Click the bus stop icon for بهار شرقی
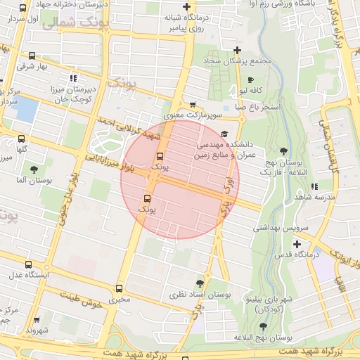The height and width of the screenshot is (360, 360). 32,56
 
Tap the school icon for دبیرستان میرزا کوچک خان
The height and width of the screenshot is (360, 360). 73,78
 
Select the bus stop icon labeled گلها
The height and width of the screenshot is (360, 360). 21,139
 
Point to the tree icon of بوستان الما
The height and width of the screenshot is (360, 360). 34,169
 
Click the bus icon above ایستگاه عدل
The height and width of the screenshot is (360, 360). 28,264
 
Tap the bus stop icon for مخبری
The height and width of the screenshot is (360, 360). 119,288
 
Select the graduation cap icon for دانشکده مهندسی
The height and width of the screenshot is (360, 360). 224,134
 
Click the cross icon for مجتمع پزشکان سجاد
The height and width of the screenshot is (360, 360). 238,50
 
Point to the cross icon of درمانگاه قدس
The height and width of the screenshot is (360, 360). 297,243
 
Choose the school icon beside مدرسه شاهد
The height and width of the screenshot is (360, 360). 314,186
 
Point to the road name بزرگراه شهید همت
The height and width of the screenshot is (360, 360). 310,349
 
